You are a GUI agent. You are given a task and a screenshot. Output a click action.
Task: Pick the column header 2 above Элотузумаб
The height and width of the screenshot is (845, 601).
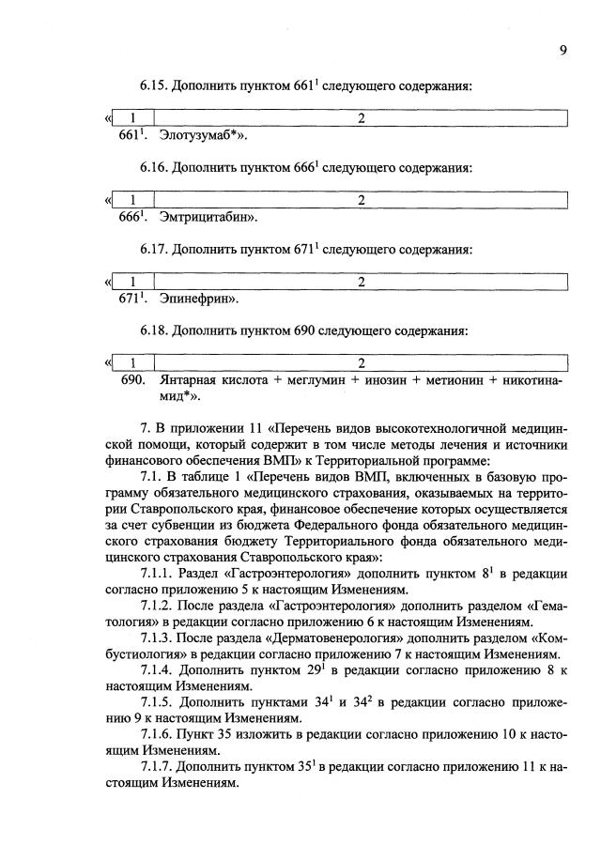click(x=362, y=118)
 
